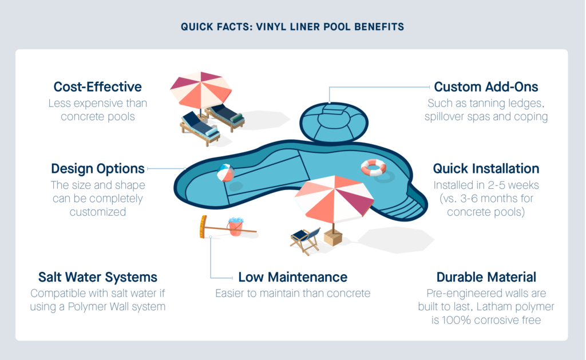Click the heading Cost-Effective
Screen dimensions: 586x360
97,87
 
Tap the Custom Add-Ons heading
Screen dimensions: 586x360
486,87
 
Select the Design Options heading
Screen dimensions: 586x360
97,169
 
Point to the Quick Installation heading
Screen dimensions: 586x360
486,169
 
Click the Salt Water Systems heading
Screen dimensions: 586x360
97,277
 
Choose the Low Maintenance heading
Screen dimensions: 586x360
292,277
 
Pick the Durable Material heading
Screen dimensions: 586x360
486,277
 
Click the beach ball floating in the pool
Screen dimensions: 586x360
225,173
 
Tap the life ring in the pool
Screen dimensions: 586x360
373,168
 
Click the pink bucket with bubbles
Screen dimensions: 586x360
235,227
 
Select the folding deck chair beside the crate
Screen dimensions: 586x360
305,240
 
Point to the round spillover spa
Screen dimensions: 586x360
334,122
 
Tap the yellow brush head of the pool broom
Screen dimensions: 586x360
203,227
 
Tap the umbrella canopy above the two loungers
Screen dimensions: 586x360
201,90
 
